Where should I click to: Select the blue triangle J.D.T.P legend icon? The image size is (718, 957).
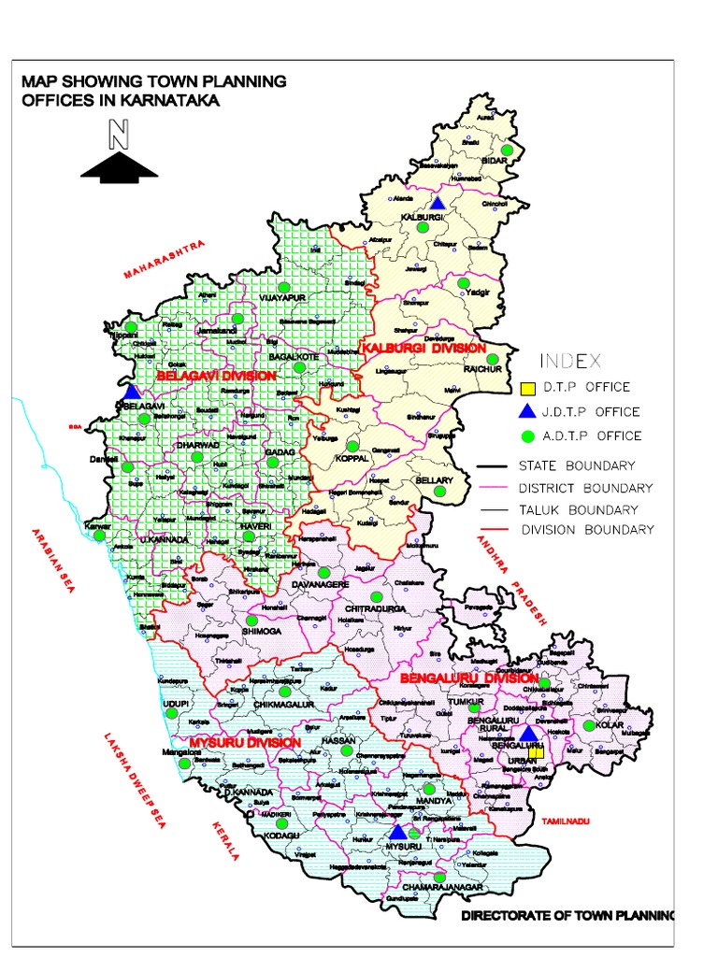[527, 411]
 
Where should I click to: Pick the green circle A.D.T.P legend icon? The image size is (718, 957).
[527, 436]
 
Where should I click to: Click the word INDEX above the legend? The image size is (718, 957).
[570, 361]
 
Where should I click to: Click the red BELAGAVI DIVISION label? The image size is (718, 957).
[216, 376]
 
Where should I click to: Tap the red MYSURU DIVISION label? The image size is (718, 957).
[245, 742]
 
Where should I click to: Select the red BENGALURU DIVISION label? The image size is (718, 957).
[468, 677]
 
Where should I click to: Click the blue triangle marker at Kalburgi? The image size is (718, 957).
[437, 203]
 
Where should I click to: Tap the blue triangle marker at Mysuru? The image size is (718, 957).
[397, 831]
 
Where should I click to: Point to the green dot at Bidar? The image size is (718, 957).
[506, 150]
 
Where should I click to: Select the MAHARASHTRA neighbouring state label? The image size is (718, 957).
[163, 259]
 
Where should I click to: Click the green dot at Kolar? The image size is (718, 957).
[589, 724]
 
